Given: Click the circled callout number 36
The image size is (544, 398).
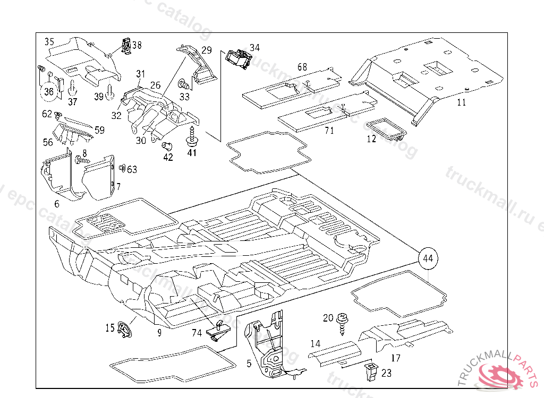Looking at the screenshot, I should click(x=49, y=92).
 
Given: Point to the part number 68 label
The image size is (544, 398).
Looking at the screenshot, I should click(x=302, y=67).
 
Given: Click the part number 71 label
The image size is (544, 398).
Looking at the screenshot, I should click(x=329, y=131).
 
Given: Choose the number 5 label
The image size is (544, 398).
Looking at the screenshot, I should click(x=249, y=364).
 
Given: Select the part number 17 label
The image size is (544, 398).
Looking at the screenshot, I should click(x=395, y=358).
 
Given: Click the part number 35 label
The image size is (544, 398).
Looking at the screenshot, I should click(x=49, y=41).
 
